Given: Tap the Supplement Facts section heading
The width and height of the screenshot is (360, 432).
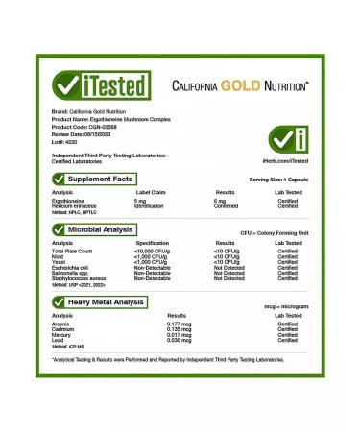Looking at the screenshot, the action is [x=100, y=179].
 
